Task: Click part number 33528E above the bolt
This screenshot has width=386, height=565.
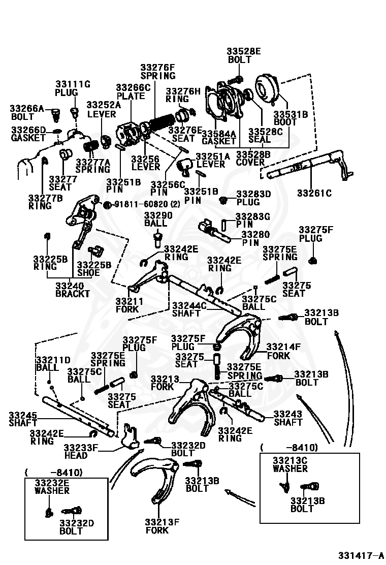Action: click(243, 51)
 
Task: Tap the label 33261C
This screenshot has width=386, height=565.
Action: click(314, 193)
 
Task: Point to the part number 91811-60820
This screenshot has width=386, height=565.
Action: click(141, 204)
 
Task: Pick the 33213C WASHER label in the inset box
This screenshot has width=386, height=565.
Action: click(290, 464)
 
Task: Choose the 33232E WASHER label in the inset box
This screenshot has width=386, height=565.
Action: click(52, 486)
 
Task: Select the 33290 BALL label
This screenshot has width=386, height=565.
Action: click(158, 219)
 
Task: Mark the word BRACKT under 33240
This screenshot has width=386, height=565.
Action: click(72, 294)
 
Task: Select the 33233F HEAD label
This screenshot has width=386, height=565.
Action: click(81, 452)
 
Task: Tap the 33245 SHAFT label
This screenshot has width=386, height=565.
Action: click(23, 419)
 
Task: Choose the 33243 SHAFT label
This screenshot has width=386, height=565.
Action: click(287, 418)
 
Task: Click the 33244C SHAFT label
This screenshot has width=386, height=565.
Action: click(189, 309)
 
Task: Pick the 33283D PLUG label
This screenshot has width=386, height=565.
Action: click(253, 198)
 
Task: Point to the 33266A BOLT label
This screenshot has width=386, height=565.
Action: click(26, 112)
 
